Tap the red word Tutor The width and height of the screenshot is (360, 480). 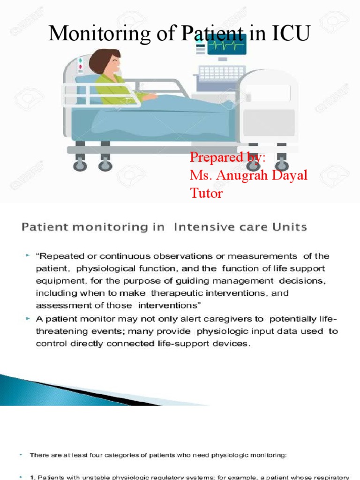tap(206, 193)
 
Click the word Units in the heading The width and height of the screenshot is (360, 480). tap(290, 228)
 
